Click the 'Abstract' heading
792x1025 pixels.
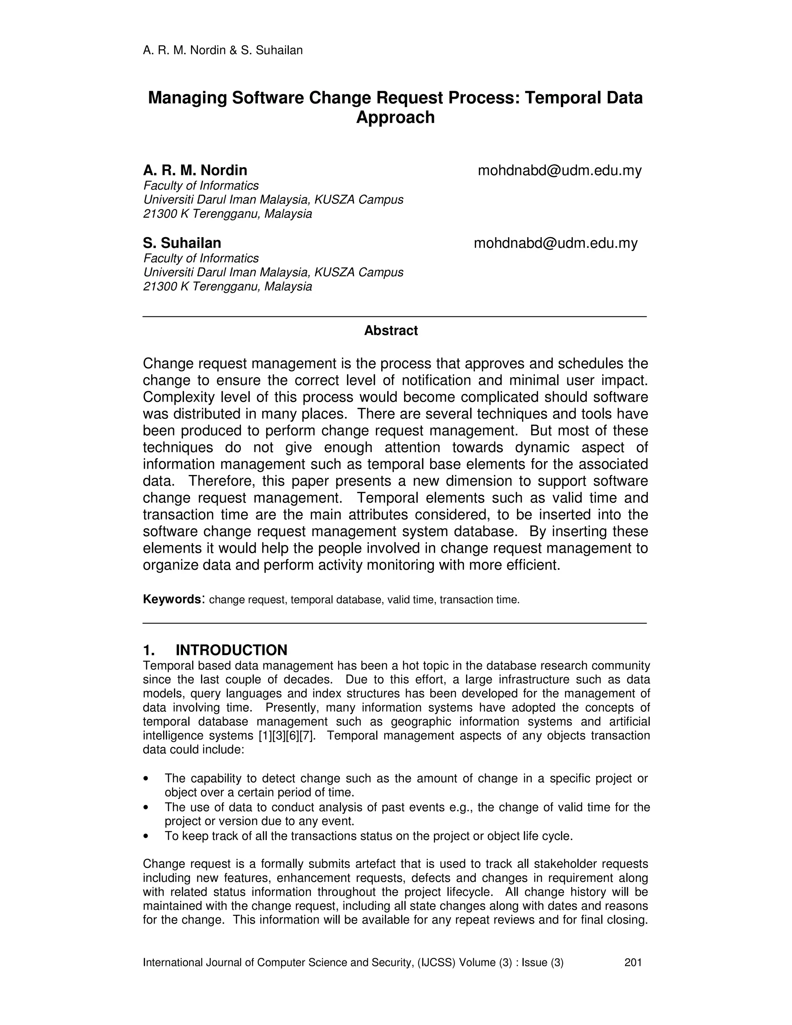pos(391,330)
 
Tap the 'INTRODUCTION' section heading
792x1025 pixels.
pos(231,650)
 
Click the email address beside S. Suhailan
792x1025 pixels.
pos(556,243)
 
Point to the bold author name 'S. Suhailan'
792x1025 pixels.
pos(182,243)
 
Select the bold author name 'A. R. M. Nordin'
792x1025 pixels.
pos(195,170)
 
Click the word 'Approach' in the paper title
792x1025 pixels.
pos(395,117)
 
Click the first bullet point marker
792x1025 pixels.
pos(147,779)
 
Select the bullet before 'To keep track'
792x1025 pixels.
pos(147,836)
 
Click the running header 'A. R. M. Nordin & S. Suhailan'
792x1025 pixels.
pos(222,50)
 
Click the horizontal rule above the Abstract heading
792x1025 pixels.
pos(394,317)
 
